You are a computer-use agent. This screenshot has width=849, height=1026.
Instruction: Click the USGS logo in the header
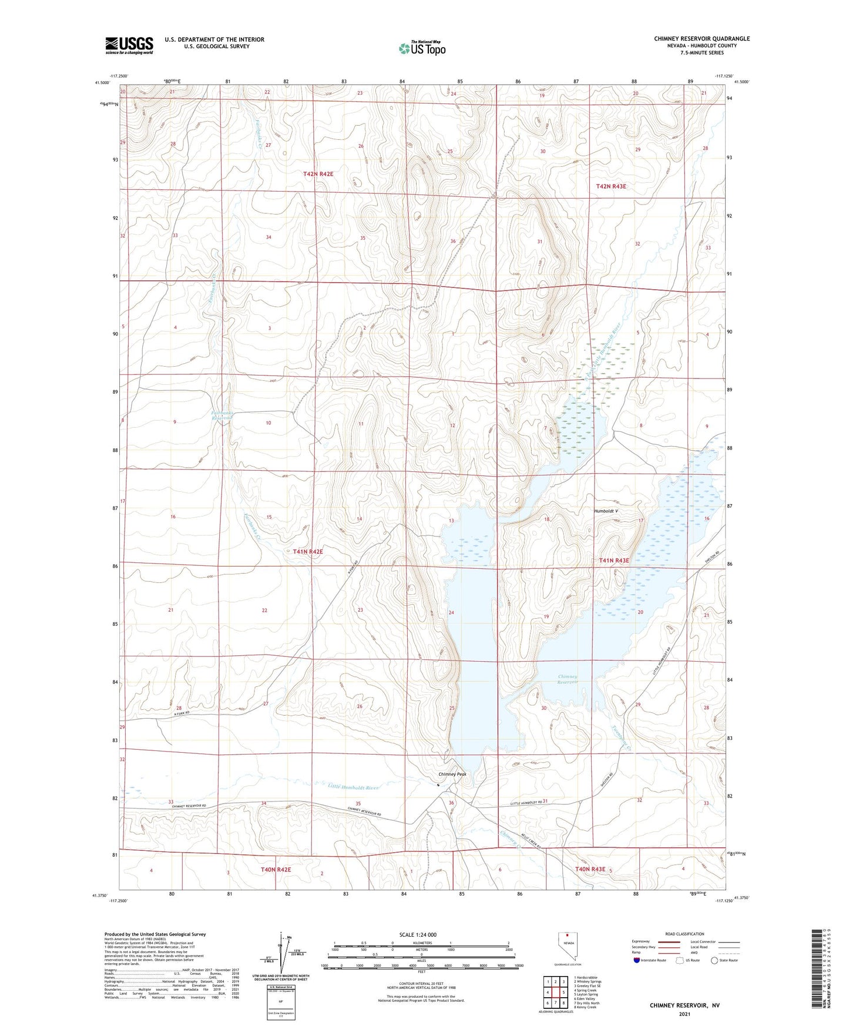tap(129, 45)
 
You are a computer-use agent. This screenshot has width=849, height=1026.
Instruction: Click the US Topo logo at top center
tap(422, 48)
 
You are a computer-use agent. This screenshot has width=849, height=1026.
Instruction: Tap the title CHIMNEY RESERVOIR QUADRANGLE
tap(702, 39)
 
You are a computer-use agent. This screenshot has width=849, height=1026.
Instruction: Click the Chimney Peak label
tap(452, 774)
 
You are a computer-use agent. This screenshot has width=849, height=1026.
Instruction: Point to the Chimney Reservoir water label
tap(568, 679)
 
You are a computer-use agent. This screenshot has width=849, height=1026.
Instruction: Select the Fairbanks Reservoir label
tap(223, 415)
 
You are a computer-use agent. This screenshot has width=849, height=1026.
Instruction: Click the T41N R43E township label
tap(614, 561)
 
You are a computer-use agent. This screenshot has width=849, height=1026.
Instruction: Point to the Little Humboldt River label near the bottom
tap(353, 787)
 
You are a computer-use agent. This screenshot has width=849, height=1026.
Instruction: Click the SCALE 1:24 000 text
tap(418, 935)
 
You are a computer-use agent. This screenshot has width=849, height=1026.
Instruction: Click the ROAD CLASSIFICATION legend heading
tap(684, 934)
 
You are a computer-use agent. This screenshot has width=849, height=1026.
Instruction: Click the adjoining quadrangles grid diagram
tap(555, 994)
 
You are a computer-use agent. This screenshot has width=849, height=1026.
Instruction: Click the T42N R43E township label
tap(611, 186)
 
